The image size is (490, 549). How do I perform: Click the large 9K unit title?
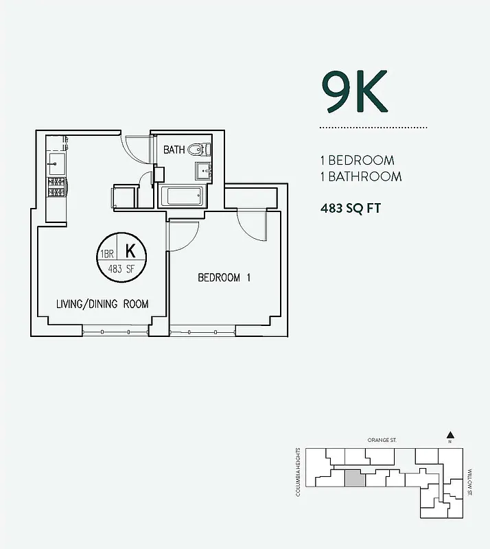pyautogui.click(x=354, y=92)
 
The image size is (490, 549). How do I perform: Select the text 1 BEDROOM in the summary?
pyautogui.click(x=357, y=161)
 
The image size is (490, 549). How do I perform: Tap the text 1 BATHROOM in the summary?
pyautogui.click(x=360, y=176)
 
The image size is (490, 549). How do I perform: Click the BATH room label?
pyautogui.click(x=174, y=150)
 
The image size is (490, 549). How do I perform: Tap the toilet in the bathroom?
pyautogui.click(x=200, y=148)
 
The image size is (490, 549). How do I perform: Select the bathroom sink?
pyautogui.click(x=204, y=170)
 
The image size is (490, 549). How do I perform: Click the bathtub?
pyautogui.click(x=181, y=196)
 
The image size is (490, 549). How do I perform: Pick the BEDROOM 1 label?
pyautogui.click(x=224, y=278)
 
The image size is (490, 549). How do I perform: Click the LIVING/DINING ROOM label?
pyautogui.click(x=102, y=304)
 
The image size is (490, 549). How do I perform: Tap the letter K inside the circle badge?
pyautogui.click(x=130, y=250)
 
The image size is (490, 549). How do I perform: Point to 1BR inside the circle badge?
pyautogui.click(x=107, y=253)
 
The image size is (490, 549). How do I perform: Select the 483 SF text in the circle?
pyautogui.click(x=120, y=269)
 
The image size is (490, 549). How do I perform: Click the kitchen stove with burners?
pyautogui.click(x=56, y=187)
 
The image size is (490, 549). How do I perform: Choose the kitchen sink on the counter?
pyautogui.click(x=56, y=163)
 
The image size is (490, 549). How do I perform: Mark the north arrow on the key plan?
pyautogui.click(x=450, y=434)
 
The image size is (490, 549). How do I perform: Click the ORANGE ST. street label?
pyautogui.click(x=382, y=440)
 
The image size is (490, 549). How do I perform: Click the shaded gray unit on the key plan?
pyautogui.click(x=353, y=478)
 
